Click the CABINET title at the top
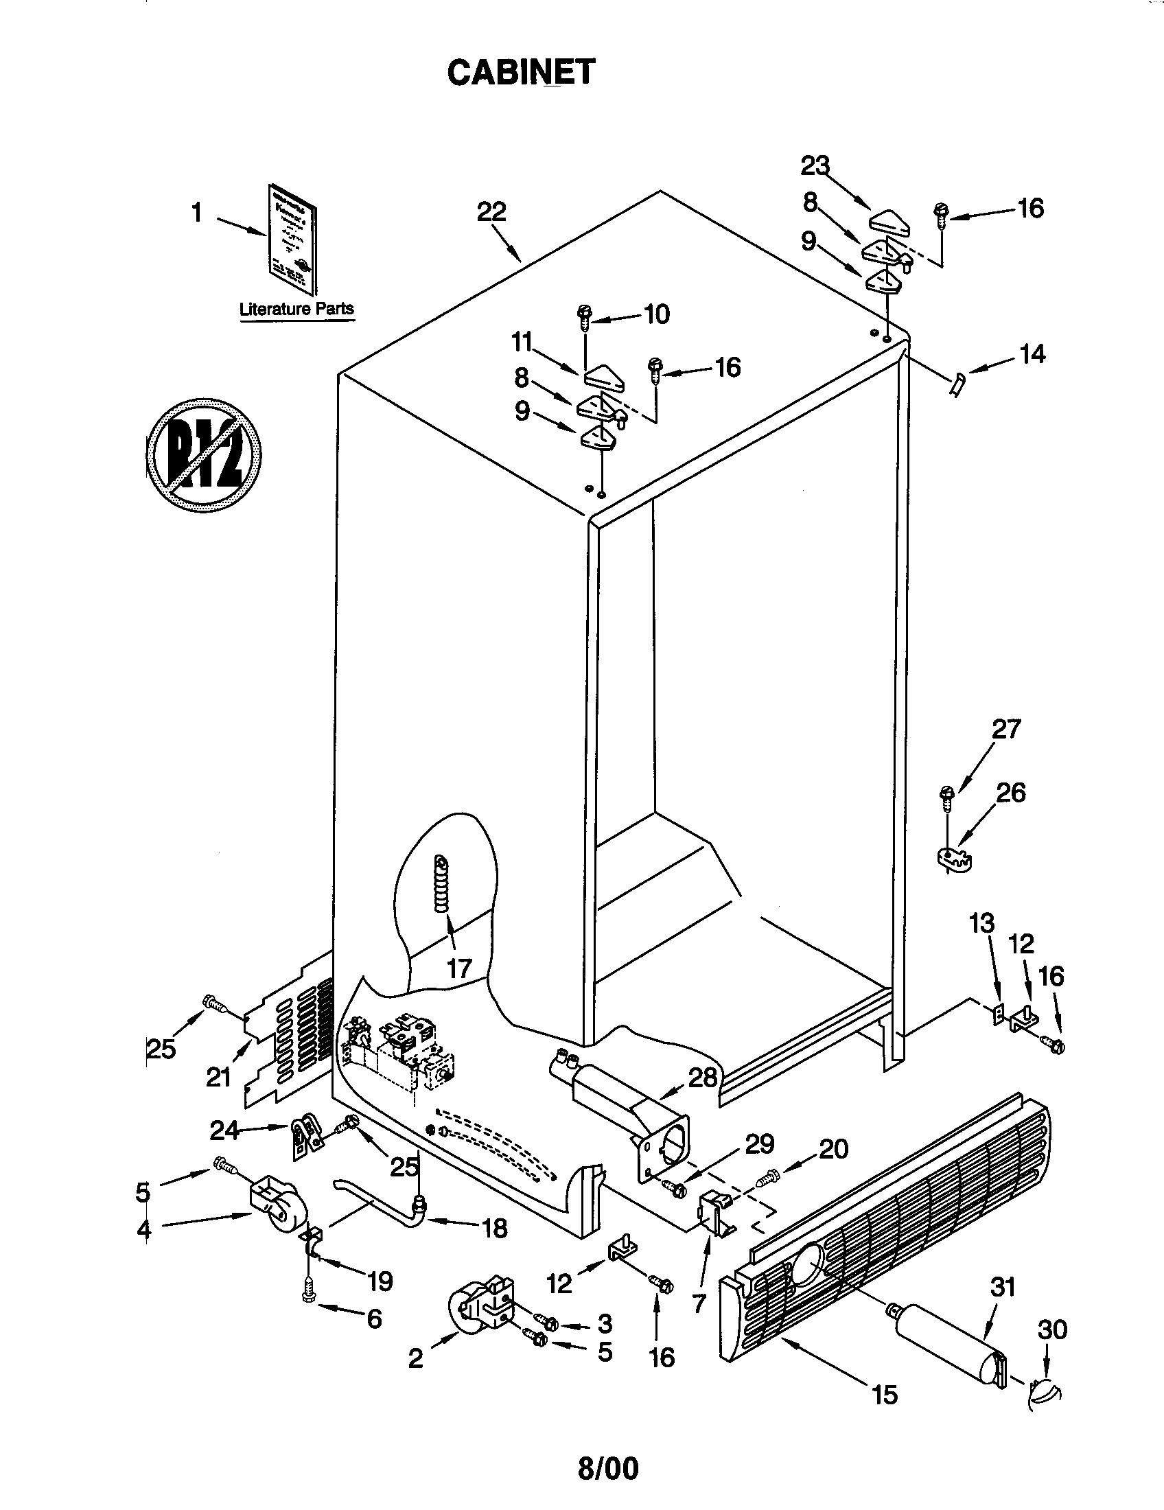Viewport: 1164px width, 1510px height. tap(520, 72)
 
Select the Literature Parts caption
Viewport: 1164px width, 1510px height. tap(296, 308)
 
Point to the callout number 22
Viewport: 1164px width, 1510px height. tap(491, 211)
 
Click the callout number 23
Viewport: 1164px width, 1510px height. tap(815, 166)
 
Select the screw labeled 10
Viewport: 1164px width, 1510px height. tap(584, 318)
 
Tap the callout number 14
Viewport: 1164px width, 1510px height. tap(1033, 355)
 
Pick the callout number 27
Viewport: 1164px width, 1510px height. tap(1005, 729)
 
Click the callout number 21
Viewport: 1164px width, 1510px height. tap(218, 1076)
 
